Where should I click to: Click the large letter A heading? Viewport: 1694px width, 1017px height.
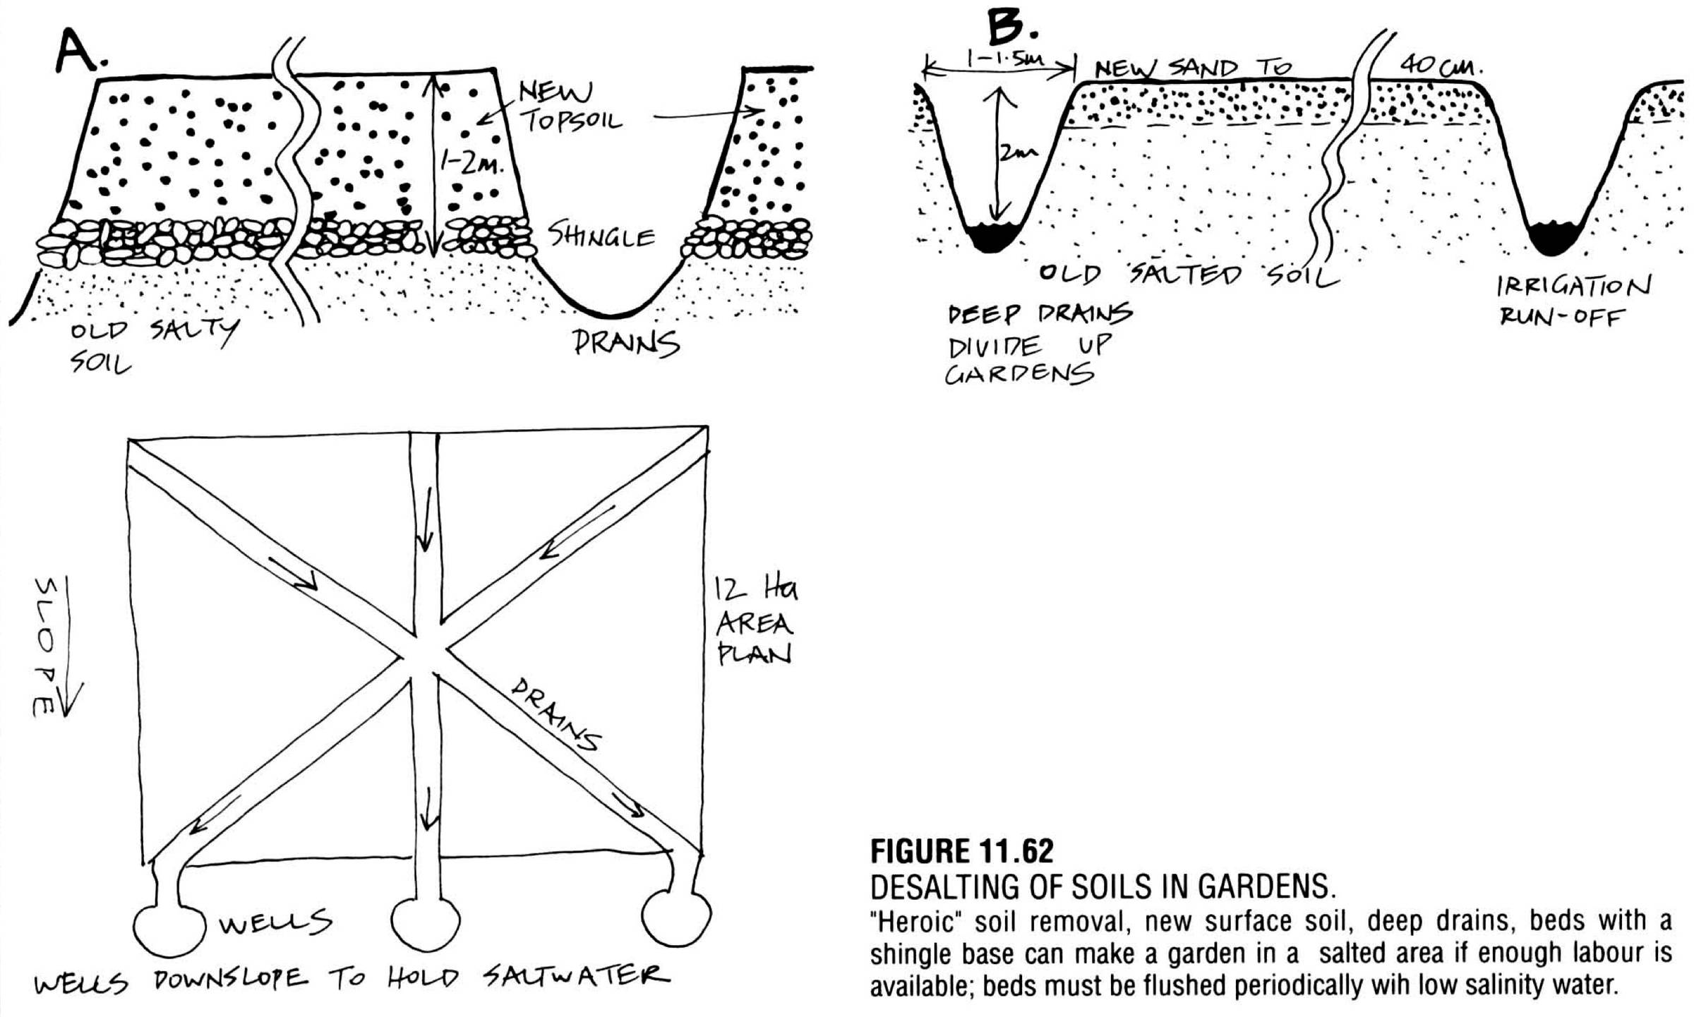[79, 51]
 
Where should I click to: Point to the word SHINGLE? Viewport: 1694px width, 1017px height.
[601, 236]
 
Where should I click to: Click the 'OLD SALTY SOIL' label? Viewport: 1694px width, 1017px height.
[152, 346]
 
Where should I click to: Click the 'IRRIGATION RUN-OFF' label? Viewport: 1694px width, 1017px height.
[1573, 301]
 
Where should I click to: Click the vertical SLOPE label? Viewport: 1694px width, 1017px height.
[45, 646]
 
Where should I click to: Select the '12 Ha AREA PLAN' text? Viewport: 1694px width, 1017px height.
[754, 622]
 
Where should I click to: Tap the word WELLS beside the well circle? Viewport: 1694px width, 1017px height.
[275, 922]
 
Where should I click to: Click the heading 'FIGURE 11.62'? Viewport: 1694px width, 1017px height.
[961, 851]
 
